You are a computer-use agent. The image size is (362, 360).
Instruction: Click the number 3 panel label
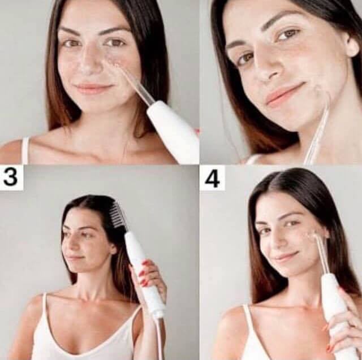[x=11, y=177]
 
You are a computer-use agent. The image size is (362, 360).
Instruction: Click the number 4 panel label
[x=212, y=179]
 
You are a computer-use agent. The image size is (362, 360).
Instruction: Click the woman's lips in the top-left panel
[x=93, y=89]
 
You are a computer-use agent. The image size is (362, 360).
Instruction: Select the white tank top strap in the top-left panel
[x=26, y=149]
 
